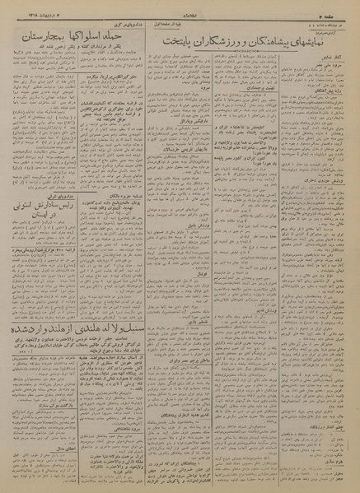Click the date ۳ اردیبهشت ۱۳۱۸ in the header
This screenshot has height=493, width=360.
tap(31, 9)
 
